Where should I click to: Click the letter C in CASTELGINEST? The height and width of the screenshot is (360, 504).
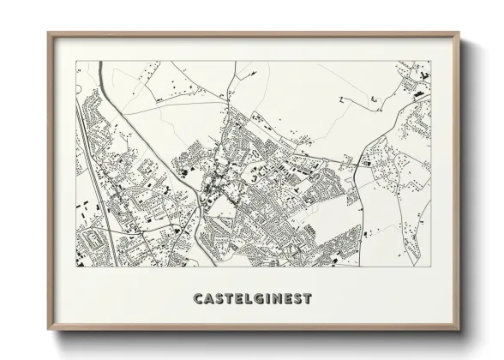click(x=199, y=299)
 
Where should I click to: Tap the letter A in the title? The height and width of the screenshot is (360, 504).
click(x=210, y=299)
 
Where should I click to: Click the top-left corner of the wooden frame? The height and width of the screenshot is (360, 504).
click(x=48, y=33)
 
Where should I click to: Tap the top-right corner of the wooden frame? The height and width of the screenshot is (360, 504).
click(x=459, y=33)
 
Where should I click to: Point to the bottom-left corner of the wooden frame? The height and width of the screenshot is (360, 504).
click(x=48, y=331)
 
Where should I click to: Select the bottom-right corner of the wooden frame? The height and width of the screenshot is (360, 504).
click(x=459, y=331)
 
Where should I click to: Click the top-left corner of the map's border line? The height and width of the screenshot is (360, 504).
click(x=76, y=61)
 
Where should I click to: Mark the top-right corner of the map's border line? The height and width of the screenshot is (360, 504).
click(x=430, y=61)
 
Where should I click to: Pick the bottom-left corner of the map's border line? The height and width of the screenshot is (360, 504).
click(x=76, y=266)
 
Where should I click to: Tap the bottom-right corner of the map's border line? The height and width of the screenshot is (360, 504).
click(x=430, y=266)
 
